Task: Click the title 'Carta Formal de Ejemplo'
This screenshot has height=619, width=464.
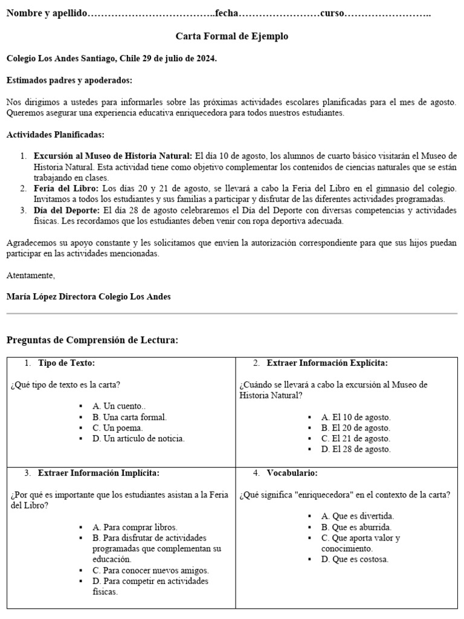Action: [x=232, y=36]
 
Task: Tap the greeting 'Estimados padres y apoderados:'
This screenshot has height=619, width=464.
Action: [x=69, y=80]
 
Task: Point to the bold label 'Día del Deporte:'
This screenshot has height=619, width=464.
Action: [x=66, y=210]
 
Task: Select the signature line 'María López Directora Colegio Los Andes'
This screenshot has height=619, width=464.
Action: [x=88, y=297]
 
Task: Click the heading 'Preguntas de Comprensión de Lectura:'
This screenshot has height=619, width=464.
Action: [x=92, y=340]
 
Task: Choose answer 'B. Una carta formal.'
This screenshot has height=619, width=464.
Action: [x=129, y=417]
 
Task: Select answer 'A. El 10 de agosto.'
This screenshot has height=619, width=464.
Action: [x=356, y=417]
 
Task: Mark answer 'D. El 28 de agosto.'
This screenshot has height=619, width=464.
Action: [x=356, y=450]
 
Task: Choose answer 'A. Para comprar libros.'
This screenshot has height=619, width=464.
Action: [x=135, y=527]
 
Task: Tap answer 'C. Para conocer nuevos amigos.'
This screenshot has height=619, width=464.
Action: [x=150, y=570]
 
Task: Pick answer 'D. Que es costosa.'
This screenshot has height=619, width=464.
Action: [x=355, y=559]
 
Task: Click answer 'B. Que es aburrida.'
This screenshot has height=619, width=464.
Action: [x=357, y=527]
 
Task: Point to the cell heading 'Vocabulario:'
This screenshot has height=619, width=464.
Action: [x=292, y=473]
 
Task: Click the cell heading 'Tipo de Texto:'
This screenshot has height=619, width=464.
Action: [x=66, y=363]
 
